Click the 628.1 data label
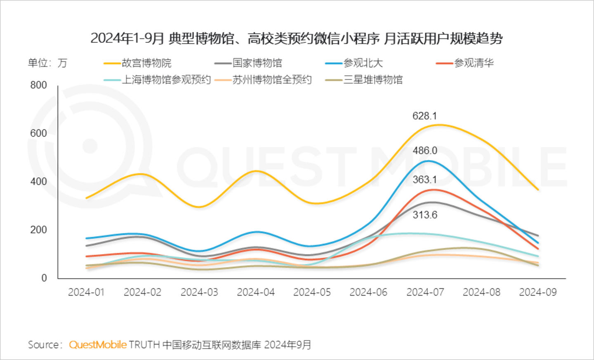coord(424,116)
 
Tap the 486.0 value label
coord(424,151)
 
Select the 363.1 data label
coord(424,180)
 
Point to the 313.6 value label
coord(424,215)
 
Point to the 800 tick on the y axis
coord(38,85)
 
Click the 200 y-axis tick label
coord(38,230)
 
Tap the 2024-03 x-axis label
coord(199,292)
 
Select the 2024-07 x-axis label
coord(425,292)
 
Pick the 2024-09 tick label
coord(537,292)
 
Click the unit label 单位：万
coord(47,63)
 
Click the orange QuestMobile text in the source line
coord(98,345)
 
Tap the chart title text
coord(296,38)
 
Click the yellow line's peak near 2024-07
coord(438,125)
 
